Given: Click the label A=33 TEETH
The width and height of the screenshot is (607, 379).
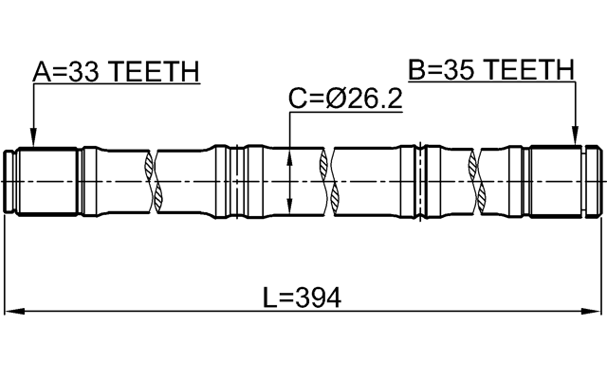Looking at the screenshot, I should pos(116,72).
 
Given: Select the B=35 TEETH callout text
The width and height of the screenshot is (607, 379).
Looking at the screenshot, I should pos(491,69).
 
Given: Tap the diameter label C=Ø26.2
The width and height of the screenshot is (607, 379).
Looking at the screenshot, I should pos(345,98).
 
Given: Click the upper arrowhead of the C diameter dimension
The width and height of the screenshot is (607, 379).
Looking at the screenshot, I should pos(289,152).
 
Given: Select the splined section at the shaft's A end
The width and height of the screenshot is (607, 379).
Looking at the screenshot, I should pos(50,180).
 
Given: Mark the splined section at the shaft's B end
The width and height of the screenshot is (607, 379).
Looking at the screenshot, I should pos(555,180).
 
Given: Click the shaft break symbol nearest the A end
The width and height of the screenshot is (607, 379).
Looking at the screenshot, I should pos(154,180).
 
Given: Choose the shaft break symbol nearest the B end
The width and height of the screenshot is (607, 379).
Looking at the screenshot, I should pos(477,180).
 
